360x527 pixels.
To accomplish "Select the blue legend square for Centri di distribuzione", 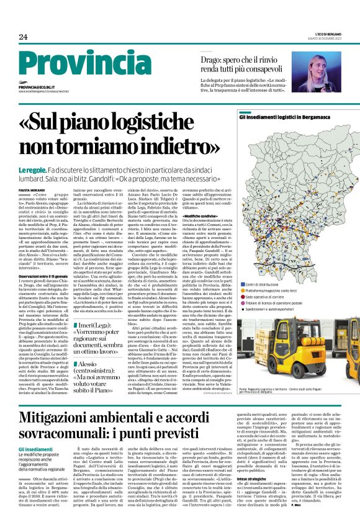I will [242, 284].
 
